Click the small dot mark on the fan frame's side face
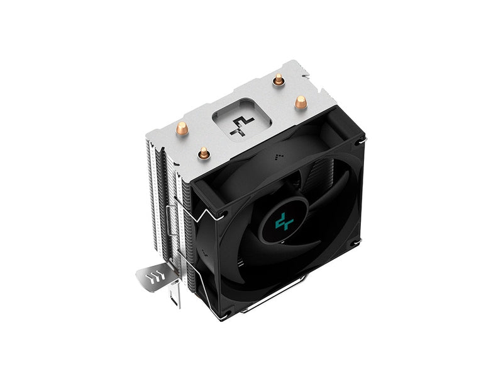[202, 256]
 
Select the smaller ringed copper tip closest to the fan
[203, 152]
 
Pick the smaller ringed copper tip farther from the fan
[277, 79]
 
